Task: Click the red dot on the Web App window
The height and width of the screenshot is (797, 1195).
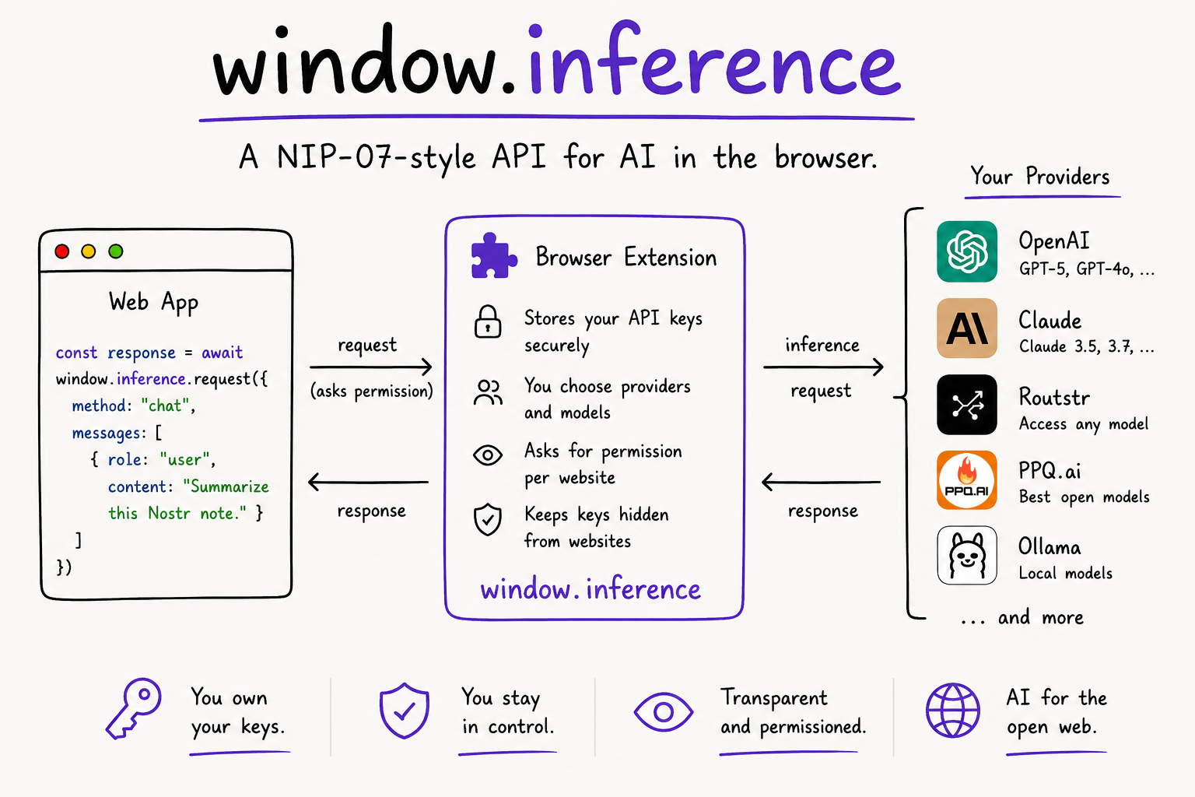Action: pos(62,251)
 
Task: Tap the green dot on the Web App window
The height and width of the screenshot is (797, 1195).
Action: pos(116,251)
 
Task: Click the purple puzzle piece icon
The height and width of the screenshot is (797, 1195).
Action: pos(493,256)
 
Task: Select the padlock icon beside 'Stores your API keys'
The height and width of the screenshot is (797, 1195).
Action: pos(488,322)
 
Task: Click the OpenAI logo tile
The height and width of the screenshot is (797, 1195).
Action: pos(967,251)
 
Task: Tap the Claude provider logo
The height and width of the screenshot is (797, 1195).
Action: pos(967,328)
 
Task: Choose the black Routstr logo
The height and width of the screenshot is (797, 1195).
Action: pos(967,405)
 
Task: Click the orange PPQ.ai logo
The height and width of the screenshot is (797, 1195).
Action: pos(967,480)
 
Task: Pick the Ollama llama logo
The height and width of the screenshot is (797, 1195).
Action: pos(967,555)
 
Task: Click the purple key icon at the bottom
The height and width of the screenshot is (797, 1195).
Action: pos(133,708)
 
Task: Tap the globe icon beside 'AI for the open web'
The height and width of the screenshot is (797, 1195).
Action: pos(953,711)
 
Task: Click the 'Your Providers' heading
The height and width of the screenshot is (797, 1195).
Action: pos(1039,176)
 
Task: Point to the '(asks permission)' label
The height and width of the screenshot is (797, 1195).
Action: pos(372,391)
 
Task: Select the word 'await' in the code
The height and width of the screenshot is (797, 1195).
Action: pos(222,353)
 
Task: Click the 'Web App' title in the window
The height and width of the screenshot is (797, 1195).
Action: pos(153,302)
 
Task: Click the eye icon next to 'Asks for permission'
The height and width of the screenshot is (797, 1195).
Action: pos(488,455)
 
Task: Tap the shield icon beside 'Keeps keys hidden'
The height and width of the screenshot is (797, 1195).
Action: pos(488,519)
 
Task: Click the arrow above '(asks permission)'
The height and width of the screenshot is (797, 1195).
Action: pos(371,367)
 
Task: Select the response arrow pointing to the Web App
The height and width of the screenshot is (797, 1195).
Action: pos(368,482)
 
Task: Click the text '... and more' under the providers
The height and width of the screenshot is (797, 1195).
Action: pos(1022,618)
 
